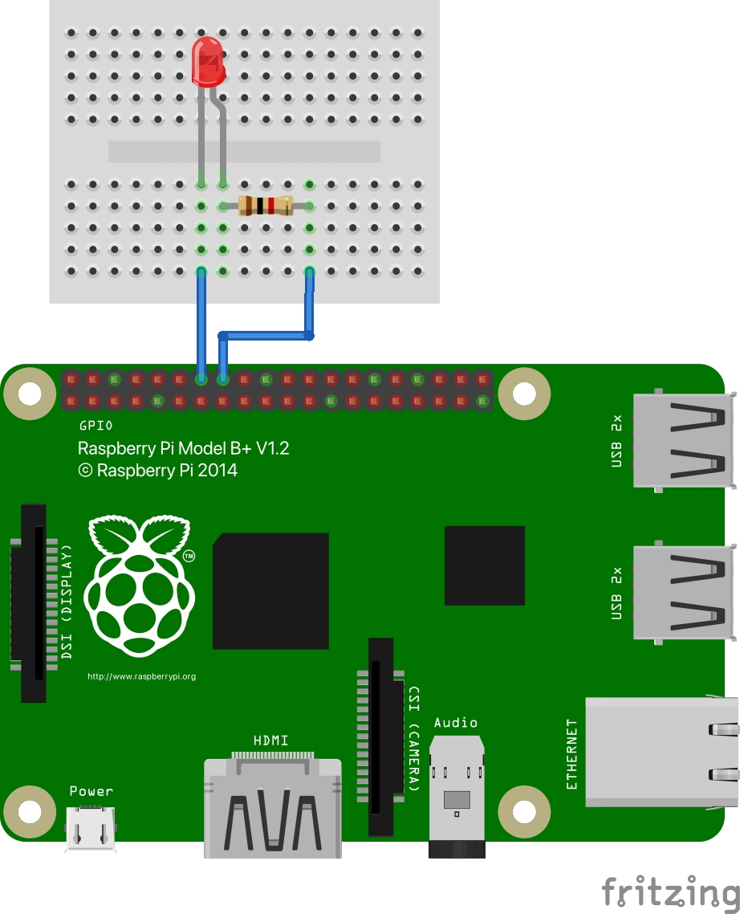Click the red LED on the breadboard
coord(208,62)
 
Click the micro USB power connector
coord(91,827)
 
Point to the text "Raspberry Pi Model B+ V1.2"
coord(183,448)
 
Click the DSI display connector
coord(33,602)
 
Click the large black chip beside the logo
coord(270,590)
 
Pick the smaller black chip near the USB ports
coord(484,565)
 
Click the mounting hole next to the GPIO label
coord(30,394)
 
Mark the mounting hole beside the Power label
coord(30,813)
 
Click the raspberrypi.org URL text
coord(141,676)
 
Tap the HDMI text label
coord(270,740)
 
